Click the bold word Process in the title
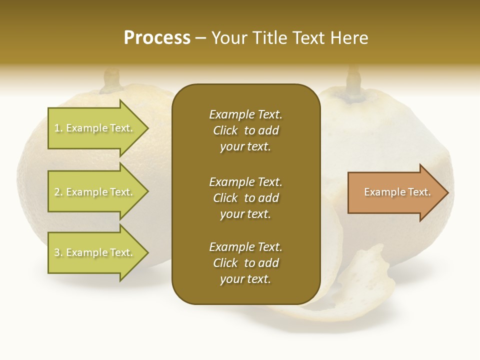click(x=157, y=38)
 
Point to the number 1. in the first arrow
click(x=58, y=128)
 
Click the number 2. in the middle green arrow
click(x=58, y=192)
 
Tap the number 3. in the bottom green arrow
click(x=58, y=252)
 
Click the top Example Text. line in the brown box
click(x=245, y=114)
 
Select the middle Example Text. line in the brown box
click(x=245, y=181)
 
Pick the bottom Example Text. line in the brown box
click(x=245, y=247)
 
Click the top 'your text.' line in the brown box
click(x=245, y=147)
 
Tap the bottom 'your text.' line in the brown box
click(x=245, y=279)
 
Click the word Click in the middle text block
click(x=225, y=198)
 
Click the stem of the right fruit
click(x=354, y=80)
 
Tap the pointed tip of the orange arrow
click(x=446, y=192)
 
